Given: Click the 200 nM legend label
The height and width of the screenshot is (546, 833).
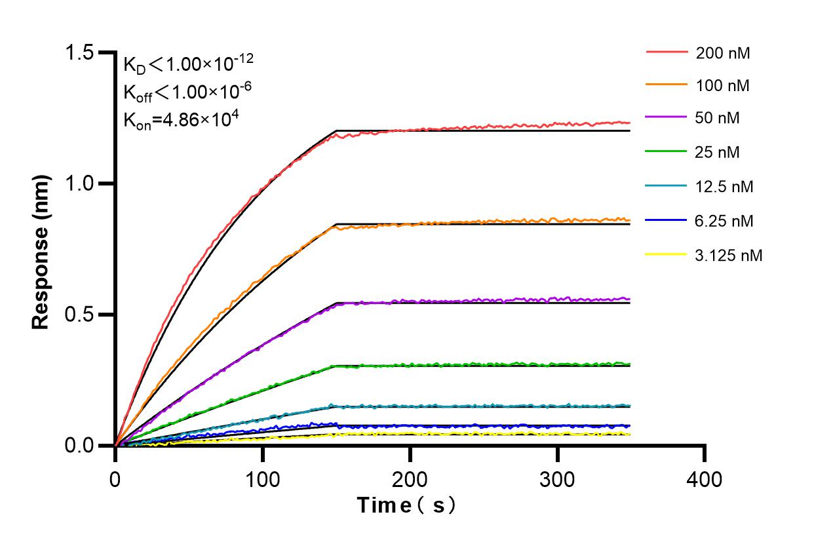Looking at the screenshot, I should pyautogui.click(x=723, y=54).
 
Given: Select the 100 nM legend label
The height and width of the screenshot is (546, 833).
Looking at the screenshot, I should pyautogui.click(x=723, y=86).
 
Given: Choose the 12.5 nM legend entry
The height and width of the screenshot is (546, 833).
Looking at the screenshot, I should pyautogui.click(x=724, y=187).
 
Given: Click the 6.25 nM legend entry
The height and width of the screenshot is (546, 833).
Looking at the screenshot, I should pyautogui.click(x=724, y=222).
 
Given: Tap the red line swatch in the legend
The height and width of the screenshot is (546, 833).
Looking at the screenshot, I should pyautogui.click(x=667, y=52).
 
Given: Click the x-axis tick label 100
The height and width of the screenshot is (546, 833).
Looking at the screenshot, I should pyautogui.click(x=262, y=480).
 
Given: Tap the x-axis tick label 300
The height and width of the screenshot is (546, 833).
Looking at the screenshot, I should pyautogui.click(x=557, y=480).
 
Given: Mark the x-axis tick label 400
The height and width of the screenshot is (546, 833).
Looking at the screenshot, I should pyautogui.click(x=705, y=480).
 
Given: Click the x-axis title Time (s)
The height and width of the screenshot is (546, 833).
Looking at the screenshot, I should pyautogui.click(x=406, y=505).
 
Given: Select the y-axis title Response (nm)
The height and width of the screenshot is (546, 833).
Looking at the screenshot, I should pyautogui.click(x=41, y=252).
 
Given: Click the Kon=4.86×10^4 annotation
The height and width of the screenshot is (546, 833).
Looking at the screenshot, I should pyautogui.click(x=174, y=120).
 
